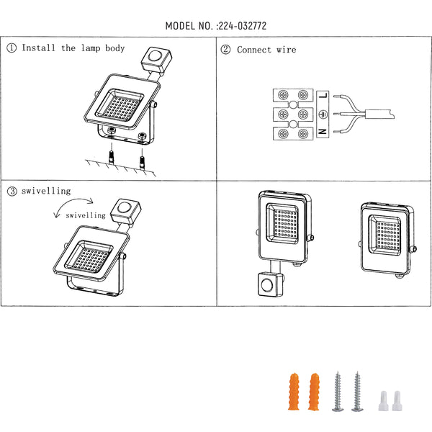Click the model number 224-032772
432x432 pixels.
[243, 26]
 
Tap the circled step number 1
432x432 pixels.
[12, 48]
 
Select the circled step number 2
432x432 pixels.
[225, 50]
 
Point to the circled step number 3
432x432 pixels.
[12, 191]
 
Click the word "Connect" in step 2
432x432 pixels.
[253, 50]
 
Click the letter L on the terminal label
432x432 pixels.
[323, 96]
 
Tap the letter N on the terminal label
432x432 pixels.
[323, 132]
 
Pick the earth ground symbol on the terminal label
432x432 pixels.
[323, 114]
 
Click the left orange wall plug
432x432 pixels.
[294, 392]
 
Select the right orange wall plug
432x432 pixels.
[314, 392]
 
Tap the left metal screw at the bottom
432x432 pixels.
[338, 392]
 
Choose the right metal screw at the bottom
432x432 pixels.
[357, 392]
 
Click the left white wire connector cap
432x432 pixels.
[383, 401]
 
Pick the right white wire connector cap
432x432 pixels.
[397, 401]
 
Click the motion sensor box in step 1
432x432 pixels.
[156, 60]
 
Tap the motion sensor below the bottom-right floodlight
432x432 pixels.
[271, 284]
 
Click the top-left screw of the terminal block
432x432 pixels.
[283, 95]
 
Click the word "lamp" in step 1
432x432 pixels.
[91, 48]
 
